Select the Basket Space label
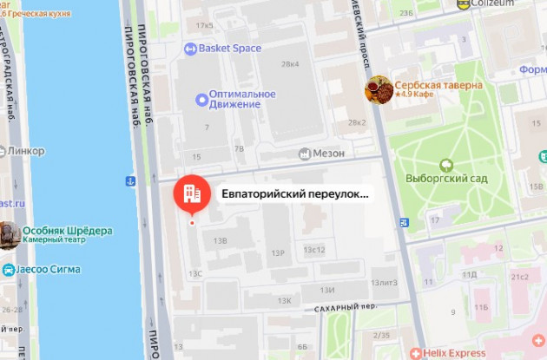[229, 49]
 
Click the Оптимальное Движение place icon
[201, 100]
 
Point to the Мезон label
[329, 154]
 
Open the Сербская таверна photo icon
[378, 89]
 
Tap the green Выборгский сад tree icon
[447, 164]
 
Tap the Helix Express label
[455, 353]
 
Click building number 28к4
[289, 64]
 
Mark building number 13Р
[278, 252]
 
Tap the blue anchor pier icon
[131, 181]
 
